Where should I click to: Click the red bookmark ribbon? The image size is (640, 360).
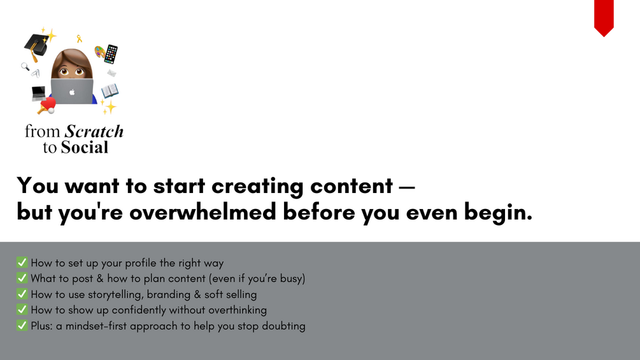(604, 17)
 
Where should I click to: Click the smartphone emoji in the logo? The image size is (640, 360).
(111, 54)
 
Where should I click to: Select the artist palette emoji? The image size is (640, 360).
(99, 52)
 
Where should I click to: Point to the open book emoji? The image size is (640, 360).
(110, 90)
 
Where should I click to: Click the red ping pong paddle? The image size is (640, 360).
(47, 105)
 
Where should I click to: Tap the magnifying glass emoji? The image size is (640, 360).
(25, 66)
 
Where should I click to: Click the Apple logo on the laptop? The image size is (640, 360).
(72, 92)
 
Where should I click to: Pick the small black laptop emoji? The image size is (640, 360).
(39, 94)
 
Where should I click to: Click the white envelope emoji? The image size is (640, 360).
(111, 73)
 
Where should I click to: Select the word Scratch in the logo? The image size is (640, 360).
(94, 131)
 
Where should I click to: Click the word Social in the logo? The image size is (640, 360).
(85, 147)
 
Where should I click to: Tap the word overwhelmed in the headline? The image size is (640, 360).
(203, 212)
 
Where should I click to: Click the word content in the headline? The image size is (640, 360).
(352, 185)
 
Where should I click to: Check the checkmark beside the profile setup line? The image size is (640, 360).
(22, 262)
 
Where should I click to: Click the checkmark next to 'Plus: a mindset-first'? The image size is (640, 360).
(22, 326)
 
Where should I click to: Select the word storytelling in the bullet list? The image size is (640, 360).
(115, 295)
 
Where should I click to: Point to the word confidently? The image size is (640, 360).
(139, 310)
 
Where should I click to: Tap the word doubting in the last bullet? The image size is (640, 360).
(283, 326)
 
